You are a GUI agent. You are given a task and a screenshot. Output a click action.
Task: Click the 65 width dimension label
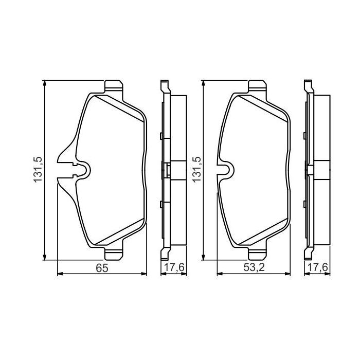[x=101, y=268]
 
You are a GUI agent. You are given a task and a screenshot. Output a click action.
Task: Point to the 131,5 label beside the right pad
[x=196, y=170]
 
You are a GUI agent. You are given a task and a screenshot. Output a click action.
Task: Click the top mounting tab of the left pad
[x=114, y=87]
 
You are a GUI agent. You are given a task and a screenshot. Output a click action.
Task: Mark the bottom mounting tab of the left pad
[x=114, y=254]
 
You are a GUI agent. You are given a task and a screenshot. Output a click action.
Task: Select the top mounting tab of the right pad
[x=258, y=87]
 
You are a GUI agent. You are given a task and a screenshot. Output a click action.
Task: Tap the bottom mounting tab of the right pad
[x=258, y=254]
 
